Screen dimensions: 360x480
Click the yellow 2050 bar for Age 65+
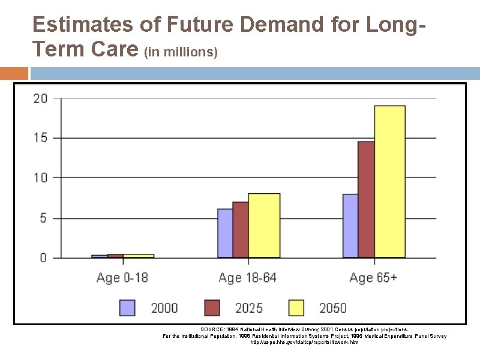tap(389, 182)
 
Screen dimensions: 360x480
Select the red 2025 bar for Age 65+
tap(366, 200)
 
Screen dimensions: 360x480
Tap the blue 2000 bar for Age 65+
tap(350, 226)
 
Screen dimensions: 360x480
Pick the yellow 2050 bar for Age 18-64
tap(264, 226)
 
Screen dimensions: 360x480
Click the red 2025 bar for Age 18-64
tap(240, 230)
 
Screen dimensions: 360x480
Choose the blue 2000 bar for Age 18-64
tap(225, 233)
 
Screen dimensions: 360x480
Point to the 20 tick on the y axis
tap(40, 98)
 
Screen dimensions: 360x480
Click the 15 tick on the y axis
tap(40, 138)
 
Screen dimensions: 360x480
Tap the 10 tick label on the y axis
tap(40, 178)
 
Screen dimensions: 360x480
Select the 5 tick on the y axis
tap(43, 218)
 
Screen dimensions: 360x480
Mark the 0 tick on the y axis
tap(43, 258)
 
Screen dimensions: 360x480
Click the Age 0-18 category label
tap(122, 278)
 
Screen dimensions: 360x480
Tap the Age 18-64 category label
tap(247, 278)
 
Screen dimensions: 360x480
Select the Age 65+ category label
tap(373, 278)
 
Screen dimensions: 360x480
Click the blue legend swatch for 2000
tap(127, 308)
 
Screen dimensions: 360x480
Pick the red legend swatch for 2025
tap(212, 308)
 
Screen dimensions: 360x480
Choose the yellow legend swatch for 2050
tap(296, 308)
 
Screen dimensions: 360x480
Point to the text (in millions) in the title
tap(181, 52)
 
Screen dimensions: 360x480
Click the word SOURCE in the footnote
tap(212, 329)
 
